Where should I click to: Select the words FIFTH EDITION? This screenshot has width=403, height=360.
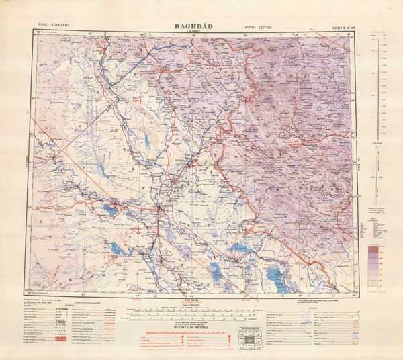[x=259, y=28]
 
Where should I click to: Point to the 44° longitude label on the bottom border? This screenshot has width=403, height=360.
[x=138, y=296]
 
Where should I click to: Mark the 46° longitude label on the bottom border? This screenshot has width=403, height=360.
[x=245, y=296]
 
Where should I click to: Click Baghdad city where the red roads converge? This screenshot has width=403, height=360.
[x=159, y=212]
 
